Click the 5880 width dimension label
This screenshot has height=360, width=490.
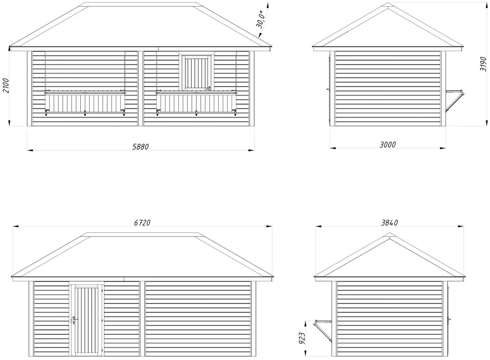pos(140,146)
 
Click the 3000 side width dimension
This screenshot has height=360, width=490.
pos(387,144)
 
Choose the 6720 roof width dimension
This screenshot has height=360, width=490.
pos(142,222)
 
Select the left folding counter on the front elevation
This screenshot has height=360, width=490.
pos(85,103)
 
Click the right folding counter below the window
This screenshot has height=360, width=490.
pos(196,103)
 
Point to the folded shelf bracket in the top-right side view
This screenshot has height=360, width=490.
pos(454,101)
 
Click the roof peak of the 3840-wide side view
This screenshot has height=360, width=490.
pos(389,235)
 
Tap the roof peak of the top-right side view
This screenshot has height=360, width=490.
pos(388,5)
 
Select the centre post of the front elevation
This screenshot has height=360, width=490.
pos(141,88)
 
